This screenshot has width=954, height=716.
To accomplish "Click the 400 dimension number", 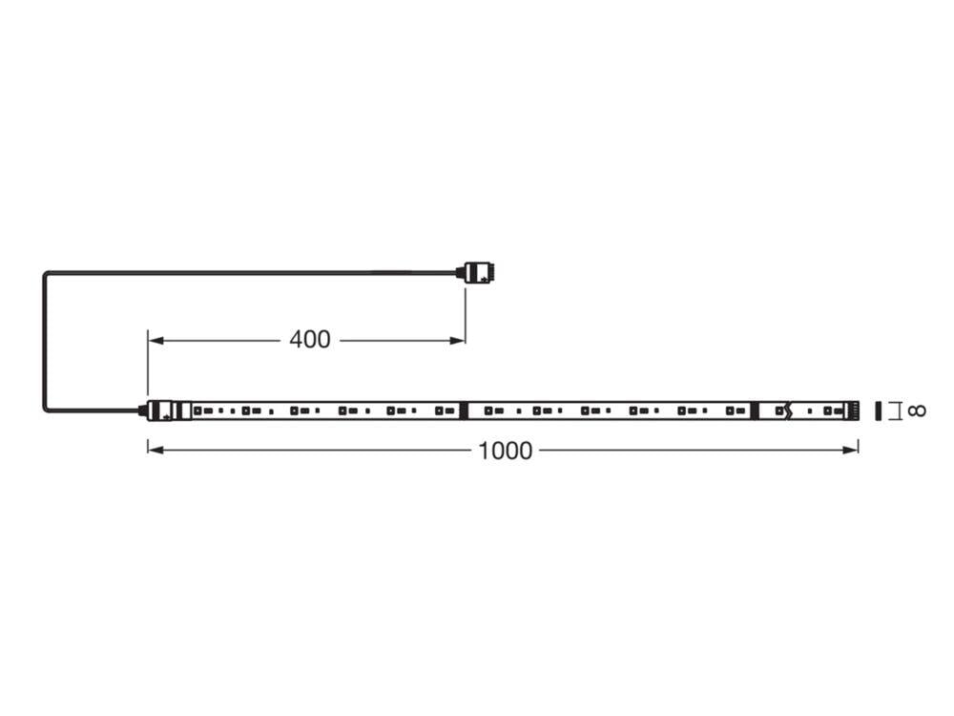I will [x=310, y=339].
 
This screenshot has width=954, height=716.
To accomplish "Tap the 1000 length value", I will [x=506, y=451].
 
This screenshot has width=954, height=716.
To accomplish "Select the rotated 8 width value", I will [x=916, y=411].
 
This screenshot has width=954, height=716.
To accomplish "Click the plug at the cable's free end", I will [x=479, y=272].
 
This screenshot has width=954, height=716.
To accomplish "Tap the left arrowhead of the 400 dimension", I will [x=154, y=340].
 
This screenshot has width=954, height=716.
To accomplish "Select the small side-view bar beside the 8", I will [x=878, y=411].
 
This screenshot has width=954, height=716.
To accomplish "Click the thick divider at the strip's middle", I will [x=463, y=411].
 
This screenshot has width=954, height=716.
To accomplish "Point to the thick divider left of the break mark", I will [x=754, y=411].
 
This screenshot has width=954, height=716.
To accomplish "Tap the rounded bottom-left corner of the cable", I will [x=47, y=408].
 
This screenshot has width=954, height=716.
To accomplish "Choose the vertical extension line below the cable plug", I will [x=465, y=313].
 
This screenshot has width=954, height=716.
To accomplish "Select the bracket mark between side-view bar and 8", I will [x=894, y=411].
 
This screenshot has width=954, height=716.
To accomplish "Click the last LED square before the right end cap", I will [x=829, y=411].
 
